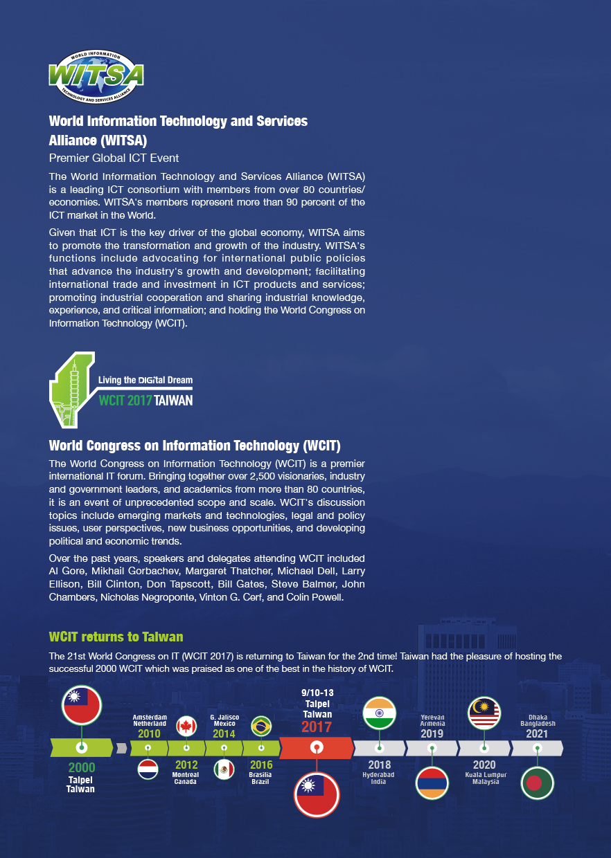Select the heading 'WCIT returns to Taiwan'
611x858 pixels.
tap(116, 637)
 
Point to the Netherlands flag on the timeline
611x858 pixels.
tap(148, 769)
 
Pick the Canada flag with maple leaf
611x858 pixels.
tap(186, 727)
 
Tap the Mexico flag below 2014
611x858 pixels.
tap(224, 769)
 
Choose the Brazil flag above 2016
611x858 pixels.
tap(261, 726)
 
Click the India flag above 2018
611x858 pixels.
tap(380, 714)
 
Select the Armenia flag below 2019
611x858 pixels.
tap(432, 783)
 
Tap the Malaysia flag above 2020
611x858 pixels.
tap(484, 714)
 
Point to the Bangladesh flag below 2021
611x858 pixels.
tap(537, 783)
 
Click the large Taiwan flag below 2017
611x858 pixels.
tap(317, 794)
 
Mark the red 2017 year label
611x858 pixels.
tap(317, 727)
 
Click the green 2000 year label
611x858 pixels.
tap(82, 768)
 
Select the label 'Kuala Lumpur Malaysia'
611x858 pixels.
tap(485, 778)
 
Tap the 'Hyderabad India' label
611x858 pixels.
tap(379, 778)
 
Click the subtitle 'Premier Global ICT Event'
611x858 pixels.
tap(114, 158)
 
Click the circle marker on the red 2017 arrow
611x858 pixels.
tap(317, 748)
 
